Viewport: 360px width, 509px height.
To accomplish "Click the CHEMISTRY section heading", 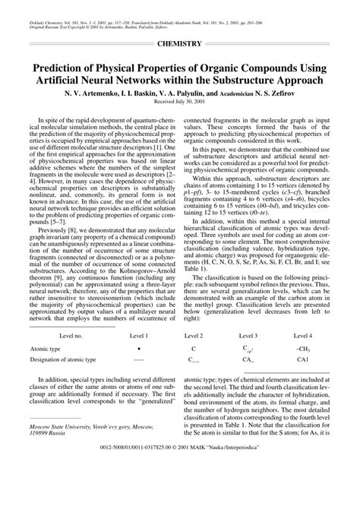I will [179, 45].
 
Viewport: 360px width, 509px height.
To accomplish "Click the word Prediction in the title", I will [65, 67].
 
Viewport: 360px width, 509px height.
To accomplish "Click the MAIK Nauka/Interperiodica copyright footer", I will [180, 490].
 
